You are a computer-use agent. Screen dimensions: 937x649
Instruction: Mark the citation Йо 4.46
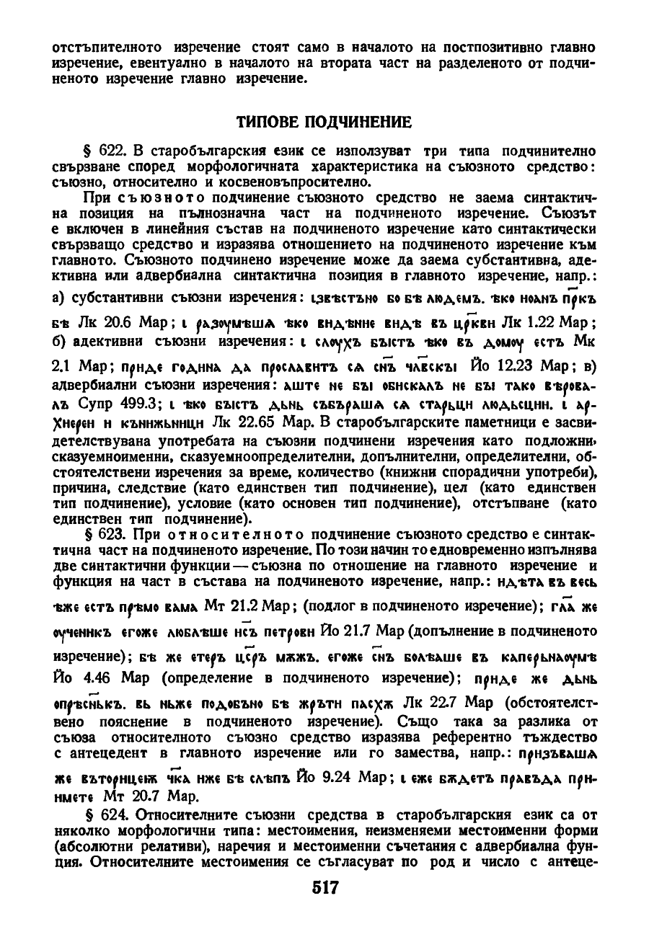click(x=79, y=679)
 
